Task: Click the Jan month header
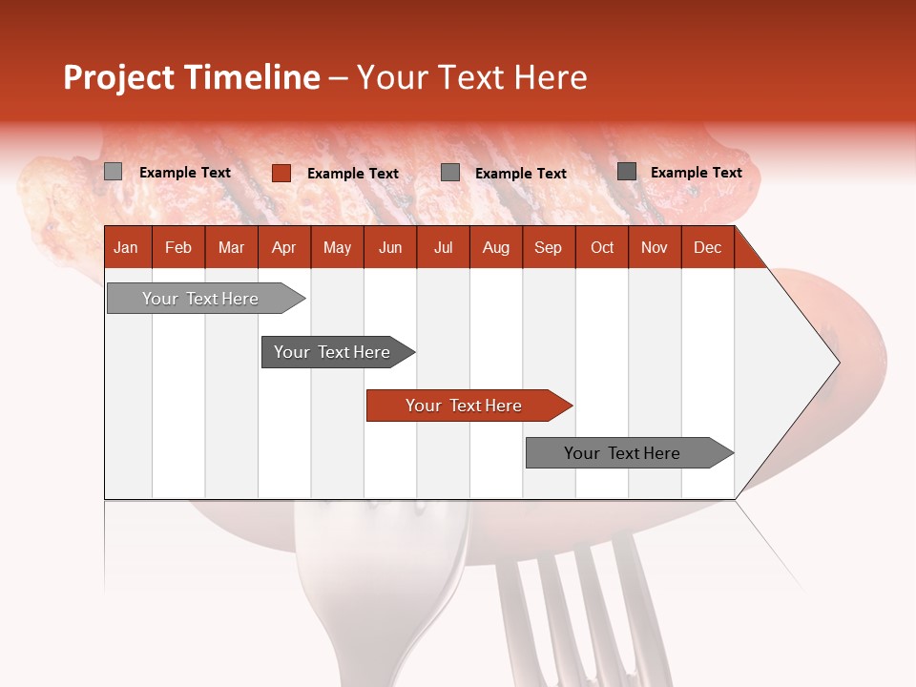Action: (127, 247)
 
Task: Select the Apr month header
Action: (284, 247)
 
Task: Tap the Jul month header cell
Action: (443, 247)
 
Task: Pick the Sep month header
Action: (549, 247)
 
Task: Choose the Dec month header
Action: (707, 247)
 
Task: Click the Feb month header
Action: (178, 247)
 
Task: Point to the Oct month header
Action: (602, 247)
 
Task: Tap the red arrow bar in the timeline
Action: (466, 406)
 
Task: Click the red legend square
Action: (281, 173)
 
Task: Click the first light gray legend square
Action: (114, 172)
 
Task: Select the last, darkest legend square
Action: (627, 172)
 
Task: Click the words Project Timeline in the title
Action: (191, 77)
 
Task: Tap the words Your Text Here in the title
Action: (471, 77)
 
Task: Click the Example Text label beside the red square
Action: (353, 174)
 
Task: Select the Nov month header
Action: (655, 247)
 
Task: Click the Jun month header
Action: (390, 247)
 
